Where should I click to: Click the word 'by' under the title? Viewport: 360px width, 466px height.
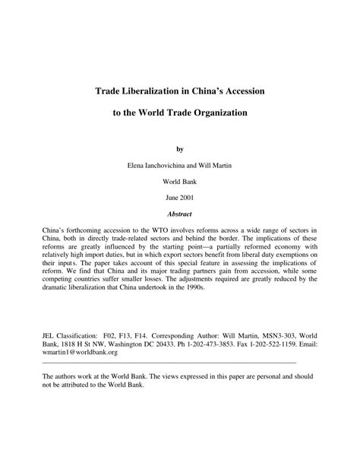(180, 149)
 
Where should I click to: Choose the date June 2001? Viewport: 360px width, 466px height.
(180, 197)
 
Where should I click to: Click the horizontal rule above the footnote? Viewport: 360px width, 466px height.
(168, 363)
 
